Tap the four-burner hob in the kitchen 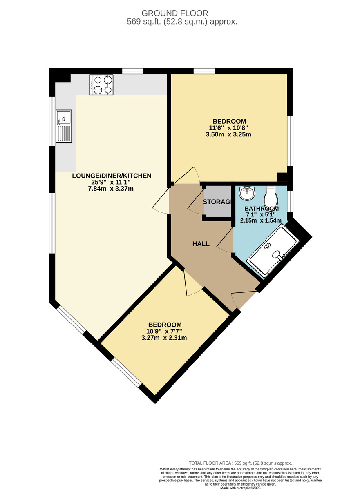[101, 85]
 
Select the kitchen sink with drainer [64, 126]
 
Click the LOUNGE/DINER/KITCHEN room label [112, 176]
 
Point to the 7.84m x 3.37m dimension [112, 188]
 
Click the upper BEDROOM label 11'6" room [229, 121]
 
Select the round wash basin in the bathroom [247, 193]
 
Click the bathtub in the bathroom [273, 251]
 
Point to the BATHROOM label [262, 208]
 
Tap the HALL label [201, 244]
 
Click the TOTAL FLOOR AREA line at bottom [240, 463]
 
